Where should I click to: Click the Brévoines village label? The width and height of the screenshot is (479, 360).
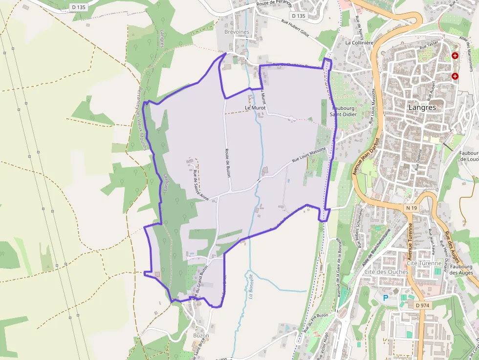237,32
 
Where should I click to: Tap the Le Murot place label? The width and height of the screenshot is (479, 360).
254,107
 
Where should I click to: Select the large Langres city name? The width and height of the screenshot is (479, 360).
423,106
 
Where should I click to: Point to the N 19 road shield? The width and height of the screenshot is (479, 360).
411,208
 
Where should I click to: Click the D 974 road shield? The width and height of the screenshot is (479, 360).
422,305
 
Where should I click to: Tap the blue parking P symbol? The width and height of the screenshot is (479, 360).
386,297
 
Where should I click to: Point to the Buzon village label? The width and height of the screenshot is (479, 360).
201,336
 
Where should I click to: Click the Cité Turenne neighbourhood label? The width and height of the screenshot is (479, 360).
424,263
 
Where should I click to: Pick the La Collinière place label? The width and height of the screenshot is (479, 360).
359,42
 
